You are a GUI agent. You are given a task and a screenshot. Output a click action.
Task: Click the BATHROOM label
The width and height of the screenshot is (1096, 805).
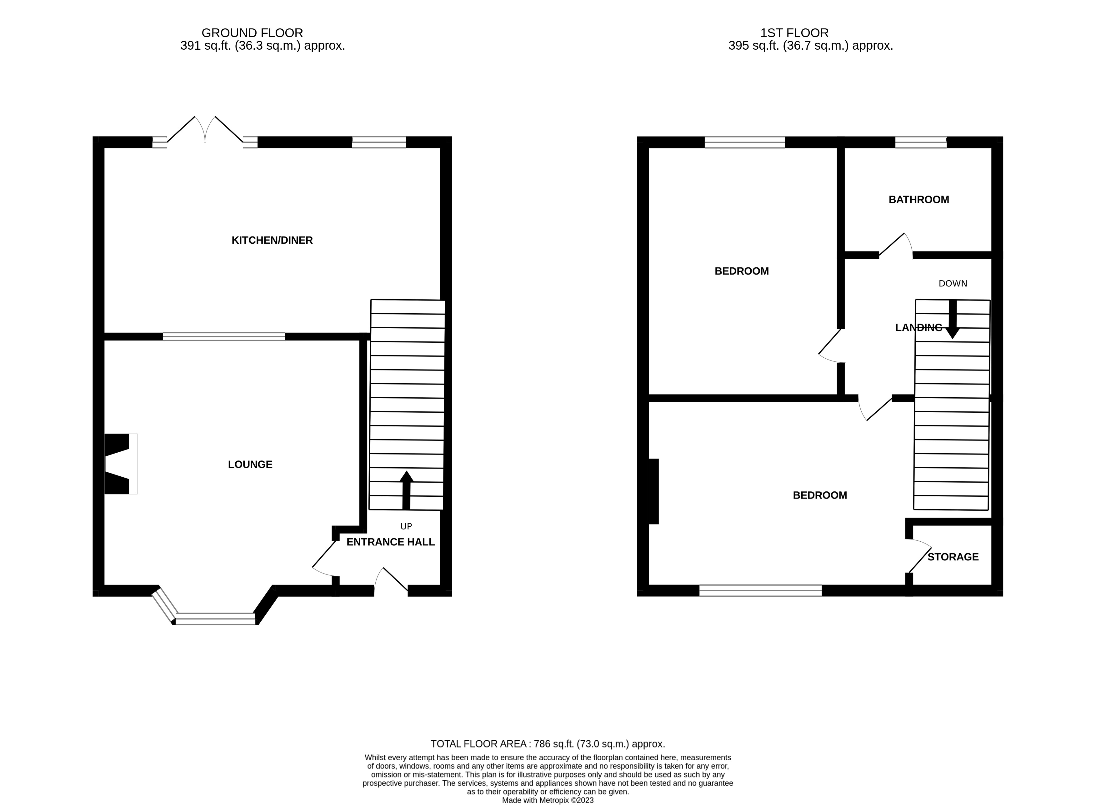(918, 199)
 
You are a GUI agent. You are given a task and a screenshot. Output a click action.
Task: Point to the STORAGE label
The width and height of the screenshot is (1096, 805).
(953, 556)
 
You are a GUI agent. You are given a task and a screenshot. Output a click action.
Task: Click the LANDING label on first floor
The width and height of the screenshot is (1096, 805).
(918, 327)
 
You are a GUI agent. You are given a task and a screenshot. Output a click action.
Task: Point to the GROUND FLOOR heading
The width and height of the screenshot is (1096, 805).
(252, 33)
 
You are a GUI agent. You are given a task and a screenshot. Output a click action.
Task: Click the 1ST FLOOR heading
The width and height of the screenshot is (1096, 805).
(794, 33)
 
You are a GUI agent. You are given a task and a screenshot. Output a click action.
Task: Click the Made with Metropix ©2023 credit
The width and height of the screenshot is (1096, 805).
(548, 800)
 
